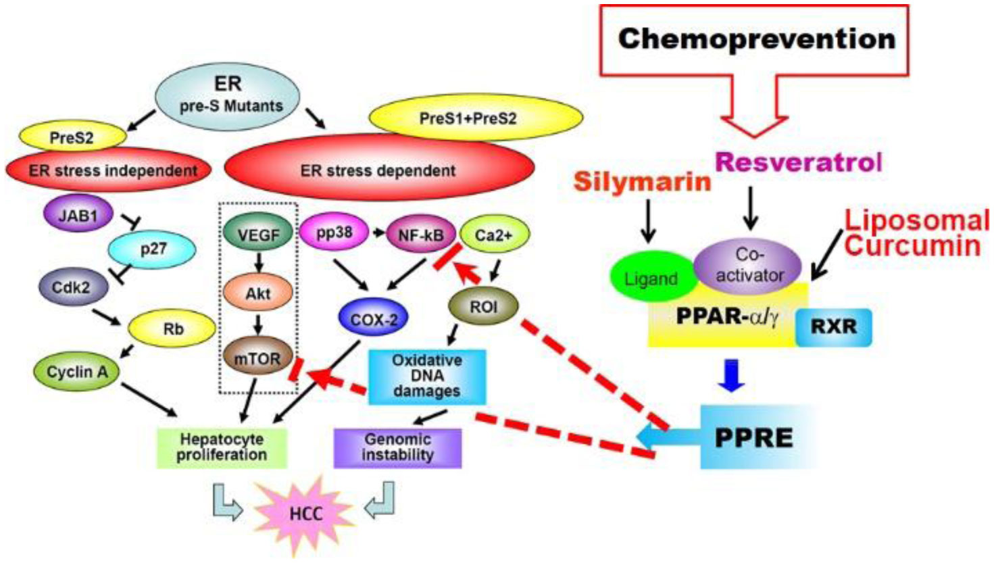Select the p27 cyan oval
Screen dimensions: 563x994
[152, 250]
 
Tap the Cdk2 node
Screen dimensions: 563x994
[72, 287]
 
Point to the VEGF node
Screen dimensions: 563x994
[257, 234]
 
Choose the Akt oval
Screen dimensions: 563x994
[258, 293]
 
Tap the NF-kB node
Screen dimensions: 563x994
[420, 235]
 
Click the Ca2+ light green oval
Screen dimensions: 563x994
[494, 235]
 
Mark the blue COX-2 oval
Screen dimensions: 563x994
[374, 318]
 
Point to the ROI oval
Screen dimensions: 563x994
[484, 307]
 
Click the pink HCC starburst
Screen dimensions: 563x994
[305, 514]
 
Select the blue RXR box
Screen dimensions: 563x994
[834, 327]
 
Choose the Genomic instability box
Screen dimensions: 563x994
[397, 447]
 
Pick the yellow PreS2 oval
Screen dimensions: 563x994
[72, 138]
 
